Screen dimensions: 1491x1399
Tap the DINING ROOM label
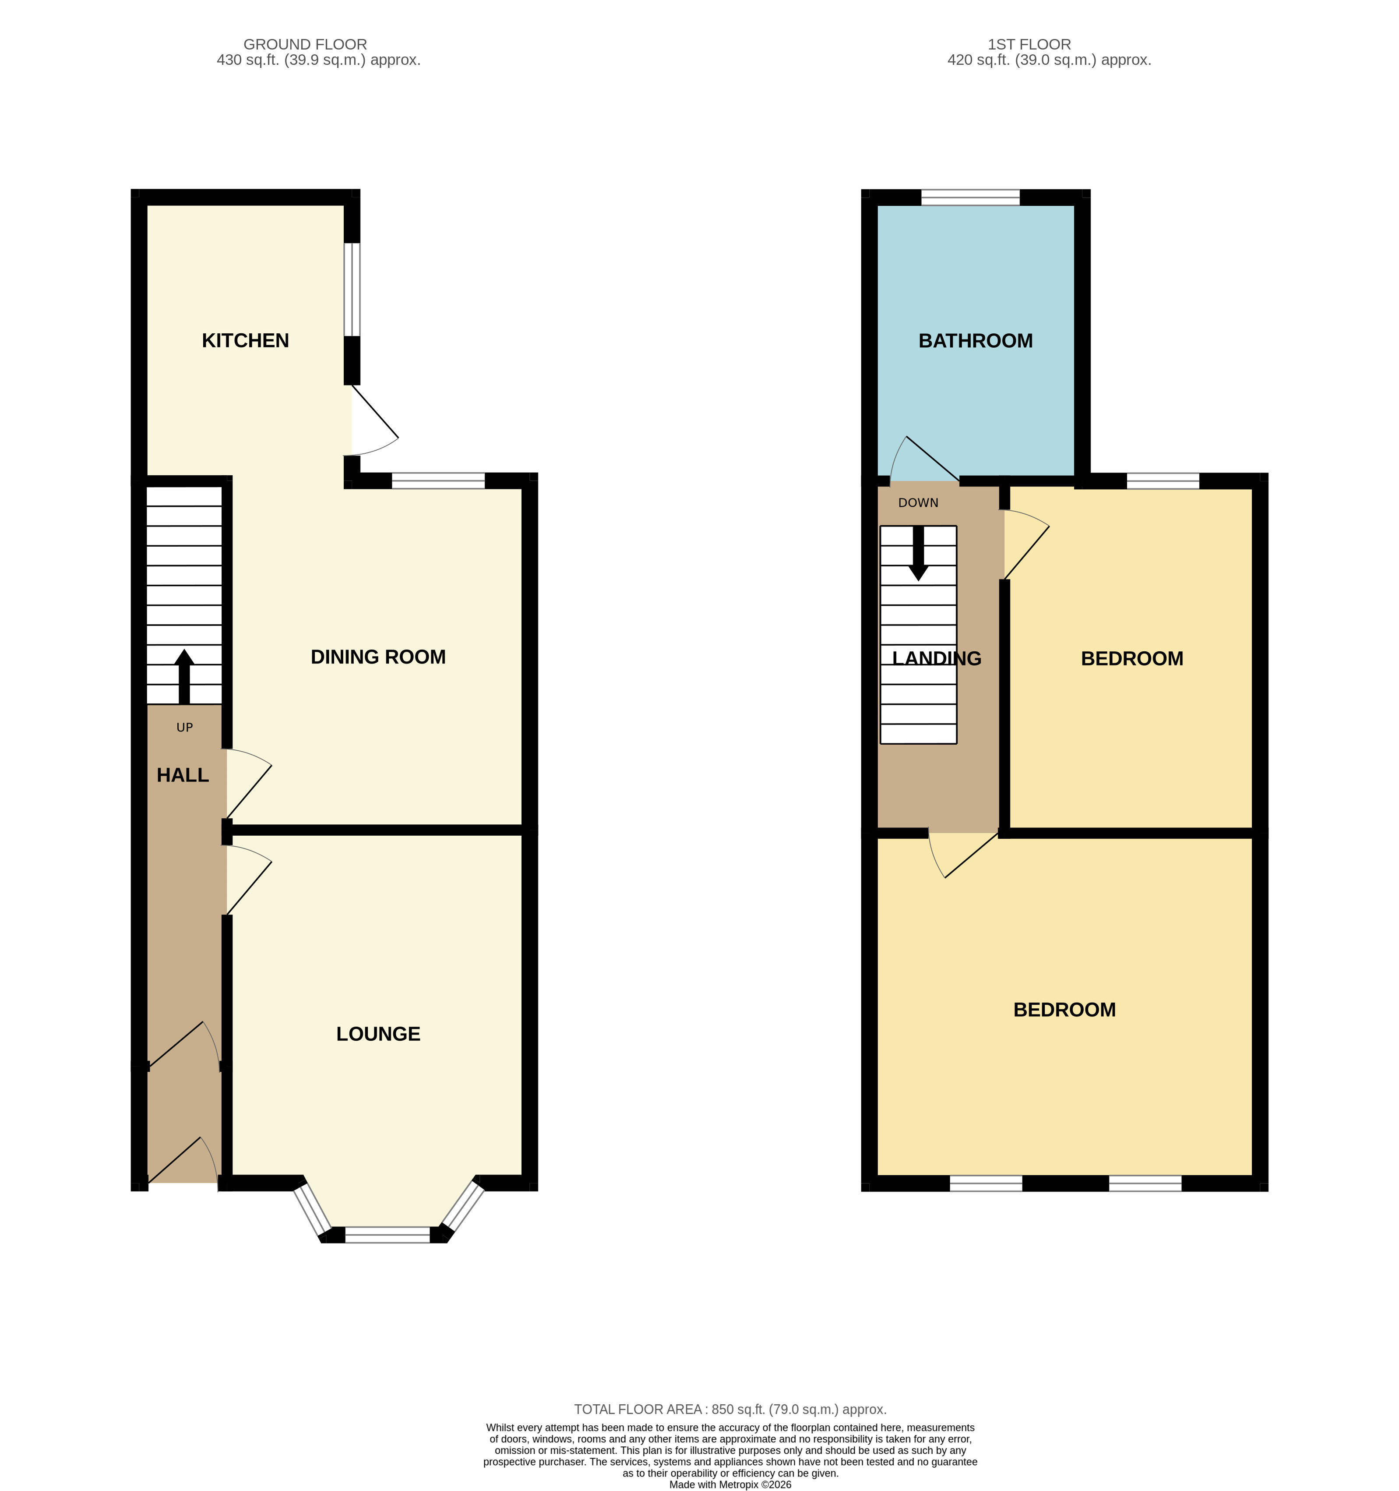[378, 657]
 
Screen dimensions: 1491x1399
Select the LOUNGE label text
[378, 1034]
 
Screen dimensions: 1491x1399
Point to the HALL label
[182, 775]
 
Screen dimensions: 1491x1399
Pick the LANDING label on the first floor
[937, 658]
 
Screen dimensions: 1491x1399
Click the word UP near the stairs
[184, 728]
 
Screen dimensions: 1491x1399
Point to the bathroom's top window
[970, 197]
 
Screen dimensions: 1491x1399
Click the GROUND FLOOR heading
[305, 44]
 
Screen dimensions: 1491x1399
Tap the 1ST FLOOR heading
[1029, 44]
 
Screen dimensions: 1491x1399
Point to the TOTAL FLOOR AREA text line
[729, 1409]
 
